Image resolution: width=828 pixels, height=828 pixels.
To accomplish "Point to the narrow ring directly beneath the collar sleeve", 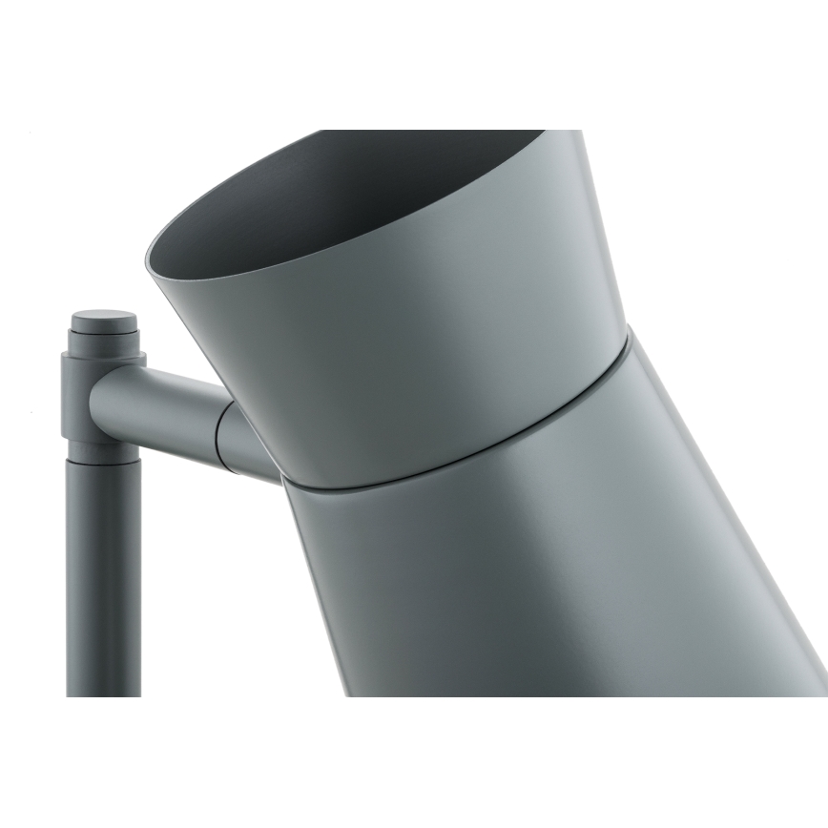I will click(103, 450).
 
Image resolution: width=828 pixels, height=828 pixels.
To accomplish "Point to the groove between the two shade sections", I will click(458, 458).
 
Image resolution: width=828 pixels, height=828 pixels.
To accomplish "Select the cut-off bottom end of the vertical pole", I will click(103, 693).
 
